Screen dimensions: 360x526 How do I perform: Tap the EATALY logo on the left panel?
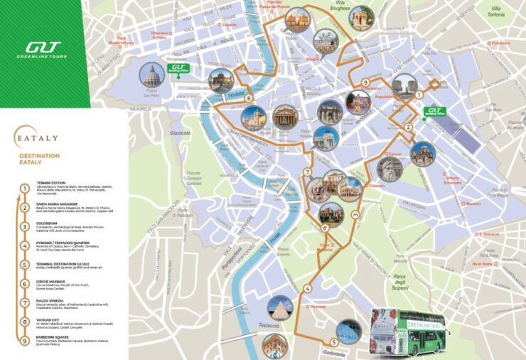37,135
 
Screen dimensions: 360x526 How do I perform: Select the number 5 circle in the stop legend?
25,263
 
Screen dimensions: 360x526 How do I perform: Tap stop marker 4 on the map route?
307,288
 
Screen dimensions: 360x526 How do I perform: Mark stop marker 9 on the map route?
365,83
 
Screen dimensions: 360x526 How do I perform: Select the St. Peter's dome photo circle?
151,75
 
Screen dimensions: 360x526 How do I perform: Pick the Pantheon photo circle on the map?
286,116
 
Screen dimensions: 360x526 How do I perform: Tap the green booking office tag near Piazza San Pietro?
174,70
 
